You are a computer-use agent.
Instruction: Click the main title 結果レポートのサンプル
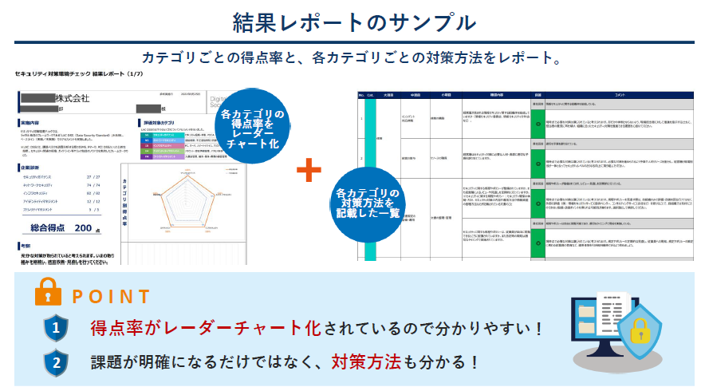352,22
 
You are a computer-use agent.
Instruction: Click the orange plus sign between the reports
309,170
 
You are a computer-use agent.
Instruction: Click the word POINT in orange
111,297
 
